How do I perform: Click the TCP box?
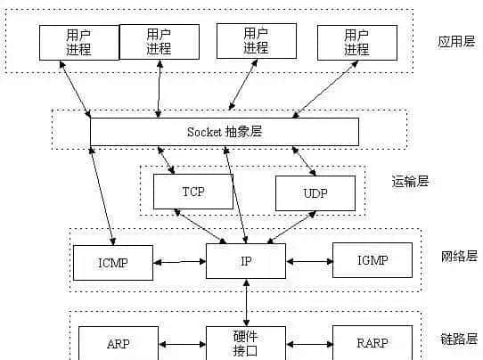pyautogui.click(x=192, y=192)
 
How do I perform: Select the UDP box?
pyautogui.click(x=315, y=192)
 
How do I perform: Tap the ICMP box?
pyautogui.click(x=113, y=261)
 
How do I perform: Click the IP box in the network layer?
pyautogui.click(x=246, y=261)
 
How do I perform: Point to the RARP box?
pyautogui.click(x=372, y=342)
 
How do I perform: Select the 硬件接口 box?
pyautogui.click(x=246, y=342)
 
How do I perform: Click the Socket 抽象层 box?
pyautogui.click(x=225, y=132)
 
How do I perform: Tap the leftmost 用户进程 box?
pyautogui.click(x=78, y=42)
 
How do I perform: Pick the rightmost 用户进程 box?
pyautogui.click(x=356, y=42)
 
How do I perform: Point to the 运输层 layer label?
pyautogui.click(x=411, y=182)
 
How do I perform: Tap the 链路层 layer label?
pyautogui.click(x=459, y=339)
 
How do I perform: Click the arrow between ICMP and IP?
pyautogui.click(x=179, y=262)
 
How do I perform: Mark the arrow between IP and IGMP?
pyautogui.click(x=309, y=262)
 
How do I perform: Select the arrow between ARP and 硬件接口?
pyautogui.click(x=182, y=343)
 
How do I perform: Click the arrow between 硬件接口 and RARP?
pyautogui.click(x=309, y=343)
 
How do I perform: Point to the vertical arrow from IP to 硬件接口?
pyautogui.click(x=246, y=302)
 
